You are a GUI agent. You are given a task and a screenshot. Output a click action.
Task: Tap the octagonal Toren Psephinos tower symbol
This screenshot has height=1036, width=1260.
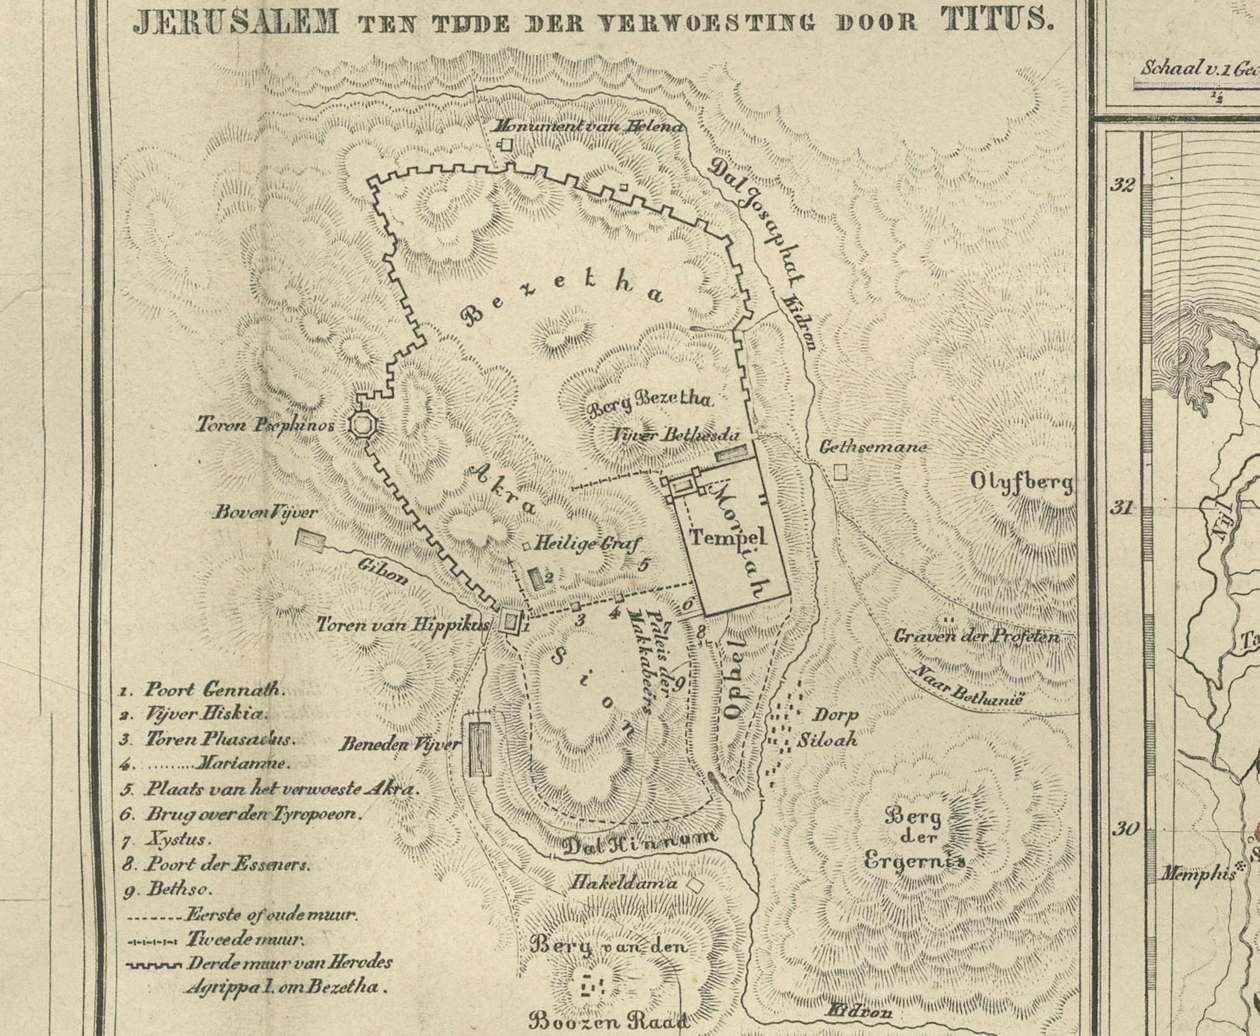coord(362,426)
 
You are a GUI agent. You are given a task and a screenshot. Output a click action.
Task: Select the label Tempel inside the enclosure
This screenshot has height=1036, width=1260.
coord(727,537)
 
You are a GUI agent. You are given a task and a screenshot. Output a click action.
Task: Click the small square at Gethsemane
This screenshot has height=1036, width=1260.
coord(840,472)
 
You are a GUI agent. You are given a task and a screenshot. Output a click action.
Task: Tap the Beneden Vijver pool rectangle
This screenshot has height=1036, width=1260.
coord(480,749)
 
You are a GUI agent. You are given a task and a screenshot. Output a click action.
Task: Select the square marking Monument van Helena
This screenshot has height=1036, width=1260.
coord(507,144)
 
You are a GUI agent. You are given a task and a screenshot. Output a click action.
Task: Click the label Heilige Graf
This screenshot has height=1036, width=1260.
coord(586,544)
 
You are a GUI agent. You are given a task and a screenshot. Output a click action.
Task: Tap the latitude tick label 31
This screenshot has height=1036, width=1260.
coord(1121,507)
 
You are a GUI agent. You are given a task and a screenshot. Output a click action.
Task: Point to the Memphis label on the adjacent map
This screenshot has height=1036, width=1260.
coord(1197,875)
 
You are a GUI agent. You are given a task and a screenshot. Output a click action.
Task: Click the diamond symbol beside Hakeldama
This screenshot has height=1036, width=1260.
coord(694,884)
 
